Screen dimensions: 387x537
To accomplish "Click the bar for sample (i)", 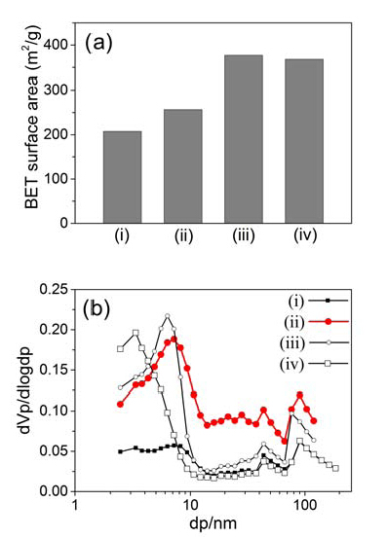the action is [x=122, y=177].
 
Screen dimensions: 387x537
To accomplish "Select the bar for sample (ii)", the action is [x=183, y=166].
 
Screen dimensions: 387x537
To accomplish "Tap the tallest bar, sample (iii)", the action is [x=244, y=139].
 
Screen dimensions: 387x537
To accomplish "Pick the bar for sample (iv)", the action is [x=304, y=141].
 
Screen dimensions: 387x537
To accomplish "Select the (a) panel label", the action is [x=98, y=44].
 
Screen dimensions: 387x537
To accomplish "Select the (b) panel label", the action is [x=97, y=308].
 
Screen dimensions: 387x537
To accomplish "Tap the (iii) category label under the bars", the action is [x=244, y=235].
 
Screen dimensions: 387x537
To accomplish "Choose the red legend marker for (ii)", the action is [x=329, y=322].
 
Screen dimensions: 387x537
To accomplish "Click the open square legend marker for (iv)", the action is [x=328, y=364].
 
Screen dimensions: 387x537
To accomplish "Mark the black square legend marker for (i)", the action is [x=328, y=301].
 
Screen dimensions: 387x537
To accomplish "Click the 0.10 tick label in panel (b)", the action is [x=55, y=411].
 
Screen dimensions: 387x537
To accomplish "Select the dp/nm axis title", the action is [x=213, y=523].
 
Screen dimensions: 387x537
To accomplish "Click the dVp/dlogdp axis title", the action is [x=26, y=390].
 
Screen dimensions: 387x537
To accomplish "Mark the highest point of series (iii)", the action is [x=168, y=316].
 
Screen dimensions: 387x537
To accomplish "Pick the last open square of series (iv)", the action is [x=335, y=468].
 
